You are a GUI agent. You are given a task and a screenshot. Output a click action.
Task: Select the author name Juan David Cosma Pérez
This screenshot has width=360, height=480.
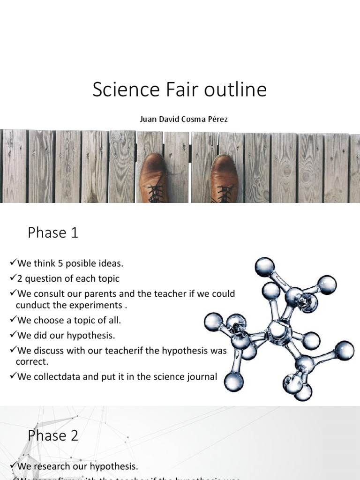point(184,119)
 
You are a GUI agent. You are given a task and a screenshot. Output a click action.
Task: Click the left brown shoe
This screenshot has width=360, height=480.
point(153,178)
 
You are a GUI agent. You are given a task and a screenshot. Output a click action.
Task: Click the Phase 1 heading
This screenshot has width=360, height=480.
point(53,232)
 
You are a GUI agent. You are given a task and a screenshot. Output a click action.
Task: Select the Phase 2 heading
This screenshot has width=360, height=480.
point(53,435)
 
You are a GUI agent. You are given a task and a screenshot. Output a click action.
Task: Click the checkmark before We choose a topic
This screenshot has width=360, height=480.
point(13,320)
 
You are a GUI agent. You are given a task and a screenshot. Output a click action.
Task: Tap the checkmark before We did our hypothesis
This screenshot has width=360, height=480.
point(13,335)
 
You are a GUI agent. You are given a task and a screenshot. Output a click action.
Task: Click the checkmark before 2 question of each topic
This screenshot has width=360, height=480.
point(13,278)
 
